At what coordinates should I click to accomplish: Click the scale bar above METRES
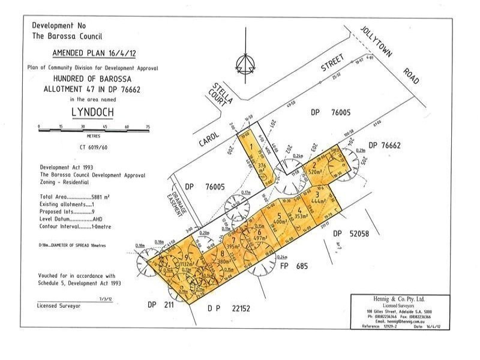click(93, 127)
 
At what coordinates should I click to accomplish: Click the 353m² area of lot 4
click(301, 216)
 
